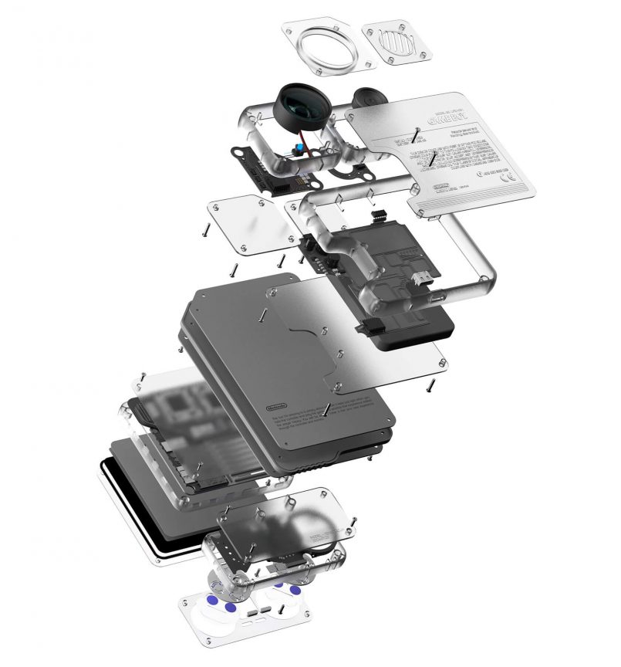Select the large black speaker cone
point(302,106)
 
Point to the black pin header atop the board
point(379,216)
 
